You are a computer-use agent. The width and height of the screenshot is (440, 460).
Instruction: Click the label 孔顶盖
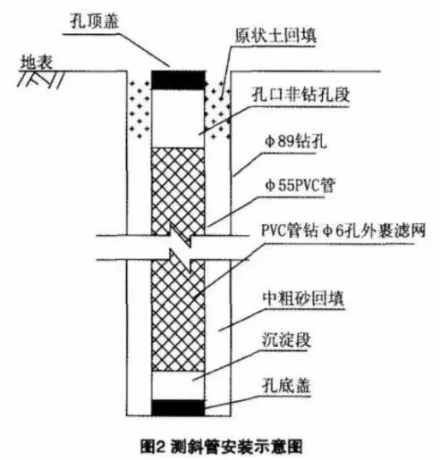95,21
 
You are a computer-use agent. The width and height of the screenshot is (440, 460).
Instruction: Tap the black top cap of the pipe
178,80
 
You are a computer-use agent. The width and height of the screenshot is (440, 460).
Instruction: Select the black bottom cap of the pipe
178,407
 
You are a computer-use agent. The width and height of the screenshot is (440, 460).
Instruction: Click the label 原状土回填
275,36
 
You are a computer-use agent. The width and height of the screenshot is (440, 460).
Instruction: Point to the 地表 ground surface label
37,63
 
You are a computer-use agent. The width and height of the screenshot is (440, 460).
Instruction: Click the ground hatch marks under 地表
41,79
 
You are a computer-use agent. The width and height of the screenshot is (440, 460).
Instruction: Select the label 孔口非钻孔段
300,95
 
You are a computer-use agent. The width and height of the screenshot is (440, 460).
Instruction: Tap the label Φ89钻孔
296,141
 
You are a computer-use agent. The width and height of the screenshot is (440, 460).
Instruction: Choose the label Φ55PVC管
300,185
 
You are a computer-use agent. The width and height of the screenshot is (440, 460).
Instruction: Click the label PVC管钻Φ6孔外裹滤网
343,230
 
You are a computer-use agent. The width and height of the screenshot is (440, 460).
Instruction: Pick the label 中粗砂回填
303,297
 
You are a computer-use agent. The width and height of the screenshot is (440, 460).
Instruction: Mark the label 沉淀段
286,339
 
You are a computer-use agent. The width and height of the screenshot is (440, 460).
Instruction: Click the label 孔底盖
286,385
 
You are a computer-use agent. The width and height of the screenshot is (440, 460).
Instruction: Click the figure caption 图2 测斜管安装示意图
222,447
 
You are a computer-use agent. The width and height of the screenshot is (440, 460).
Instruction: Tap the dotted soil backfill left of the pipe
140,109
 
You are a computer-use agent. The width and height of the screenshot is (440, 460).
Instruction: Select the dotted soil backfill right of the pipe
217,109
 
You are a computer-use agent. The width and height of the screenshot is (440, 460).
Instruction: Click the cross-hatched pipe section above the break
178,191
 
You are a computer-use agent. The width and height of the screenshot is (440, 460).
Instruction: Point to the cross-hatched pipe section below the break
178,315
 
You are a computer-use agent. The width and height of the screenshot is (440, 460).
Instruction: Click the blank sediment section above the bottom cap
178,386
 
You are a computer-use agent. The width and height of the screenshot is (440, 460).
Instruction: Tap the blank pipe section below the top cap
178,119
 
